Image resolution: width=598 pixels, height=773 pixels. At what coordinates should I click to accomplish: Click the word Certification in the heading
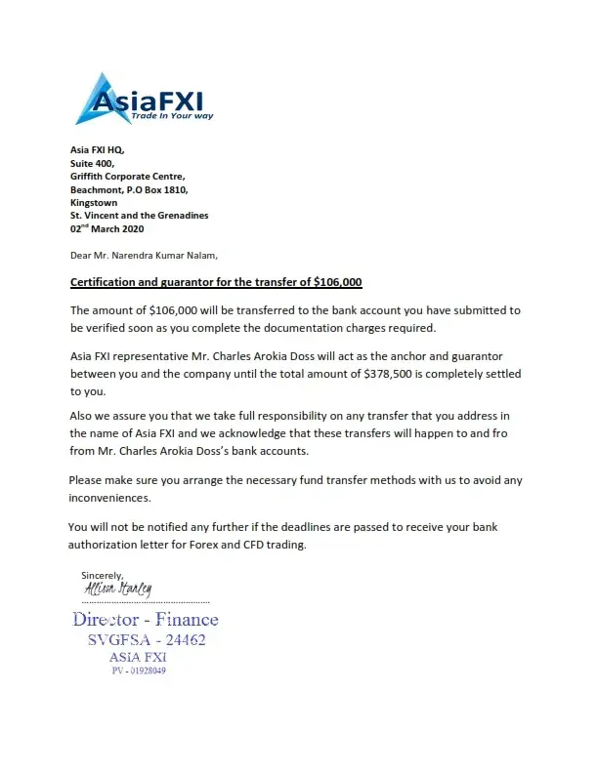(x=103, y=283)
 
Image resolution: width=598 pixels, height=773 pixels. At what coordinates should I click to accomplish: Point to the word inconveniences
(x=109, y=497)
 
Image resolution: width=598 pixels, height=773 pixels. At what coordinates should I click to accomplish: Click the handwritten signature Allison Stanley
(x=117, y=590)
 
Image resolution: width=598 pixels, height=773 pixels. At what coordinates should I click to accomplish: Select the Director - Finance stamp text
(x=146, y=619)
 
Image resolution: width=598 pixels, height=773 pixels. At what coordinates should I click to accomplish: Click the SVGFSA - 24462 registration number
(x=147, y=640)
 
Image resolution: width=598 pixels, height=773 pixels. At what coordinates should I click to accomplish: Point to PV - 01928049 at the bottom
(x=139, y=671)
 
